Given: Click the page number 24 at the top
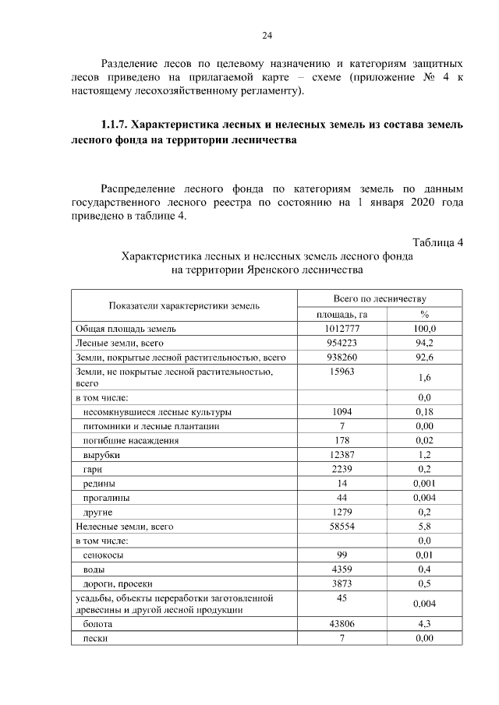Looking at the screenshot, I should (267, 36).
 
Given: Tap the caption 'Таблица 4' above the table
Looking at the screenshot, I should (438, 242).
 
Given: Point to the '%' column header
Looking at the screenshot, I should (425, 314).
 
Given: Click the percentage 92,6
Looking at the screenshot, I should (425, 358).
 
